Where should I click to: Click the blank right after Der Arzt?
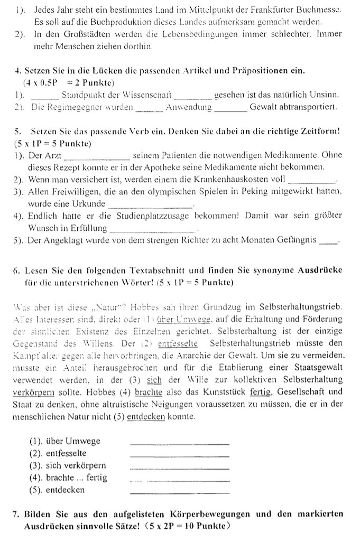96,156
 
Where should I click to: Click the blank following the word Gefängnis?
328,242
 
